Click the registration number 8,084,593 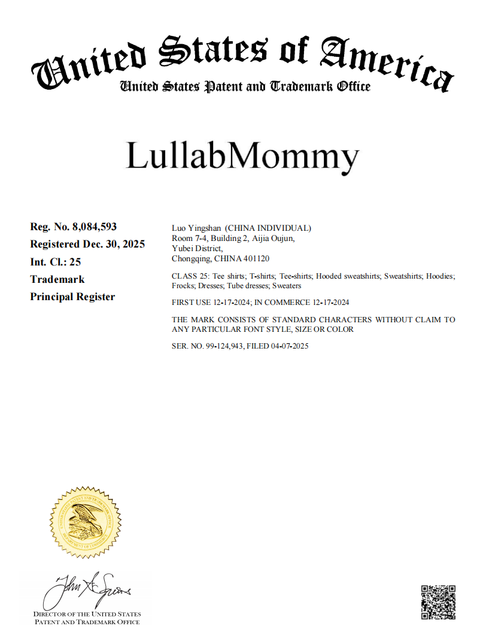click(x=94, y=227)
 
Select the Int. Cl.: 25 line click(x=56, y=262)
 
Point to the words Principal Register click(x=72, y=297)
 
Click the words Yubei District click(x=197, y=249)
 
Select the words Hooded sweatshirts click(x=348, y=276)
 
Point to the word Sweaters click(x=287, y=286)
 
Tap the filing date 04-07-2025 click(x=288, y=346)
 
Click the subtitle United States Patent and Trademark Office click(x=245, y=87)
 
